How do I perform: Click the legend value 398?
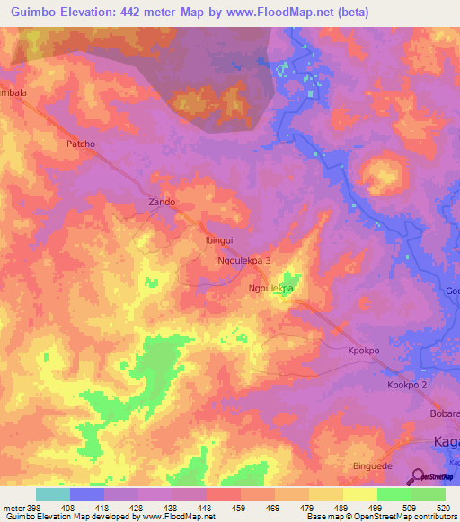[28, 508]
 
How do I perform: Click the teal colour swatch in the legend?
[53, 494]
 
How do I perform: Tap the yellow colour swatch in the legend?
[360, 494]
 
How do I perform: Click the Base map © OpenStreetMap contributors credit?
[380, 517]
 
